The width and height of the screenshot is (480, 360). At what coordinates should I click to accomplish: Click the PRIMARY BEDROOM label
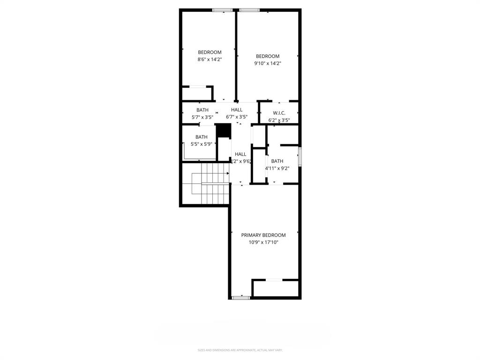pos(263,235)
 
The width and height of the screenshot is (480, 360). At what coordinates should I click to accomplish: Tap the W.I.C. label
pos(279,112)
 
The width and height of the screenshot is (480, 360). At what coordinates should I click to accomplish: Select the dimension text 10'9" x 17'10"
pos(263,242)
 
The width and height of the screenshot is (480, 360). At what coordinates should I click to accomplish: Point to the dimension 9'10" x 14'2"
pos(267,64)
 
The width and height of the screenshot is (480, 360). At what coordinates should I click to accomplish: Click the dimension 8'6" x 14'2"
pos(210,60)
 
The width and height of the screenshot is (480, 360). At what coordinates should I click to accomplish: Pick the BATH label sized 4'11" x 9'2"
pos(277,161)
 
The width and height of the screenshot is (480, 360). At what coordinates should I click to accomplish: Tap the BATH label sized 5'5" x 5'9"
pos(202,137)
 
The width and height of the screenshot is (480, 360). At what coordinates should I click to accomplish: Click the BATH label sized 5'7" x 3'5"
pos(202,110)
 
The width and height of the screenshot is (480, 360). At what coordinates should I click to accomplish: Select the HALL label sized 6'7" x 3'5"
pos(237,110)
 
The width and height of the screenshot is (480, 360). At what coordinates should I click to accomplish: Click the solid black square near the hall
pos(223,130)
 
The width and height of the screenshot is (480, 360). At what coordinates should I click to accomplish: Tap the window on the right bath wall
pos(300,156)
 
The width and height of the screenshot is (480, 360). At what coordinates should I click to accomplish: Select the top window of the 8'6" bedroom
pos(223,10)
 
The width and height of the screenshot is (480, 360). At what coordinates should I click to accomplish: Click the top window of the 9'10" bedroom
pos(249,10)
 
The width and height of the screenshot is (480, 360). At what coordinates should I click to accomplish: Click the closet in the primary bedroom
pos(276,288)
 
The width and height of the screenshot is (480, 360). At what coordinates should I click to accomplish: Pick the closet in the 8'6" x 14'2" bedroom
pos(197,93)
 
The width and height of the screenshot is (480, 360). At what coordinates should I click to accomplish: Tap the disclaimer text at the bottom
pos(240,350)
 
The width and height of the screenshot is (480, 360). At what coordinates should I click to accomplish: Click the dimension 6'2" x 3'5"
pos(279,120)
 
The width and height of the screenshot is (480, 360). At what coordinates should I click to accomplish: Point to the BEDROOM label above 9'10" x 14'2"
pos(267,56)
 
